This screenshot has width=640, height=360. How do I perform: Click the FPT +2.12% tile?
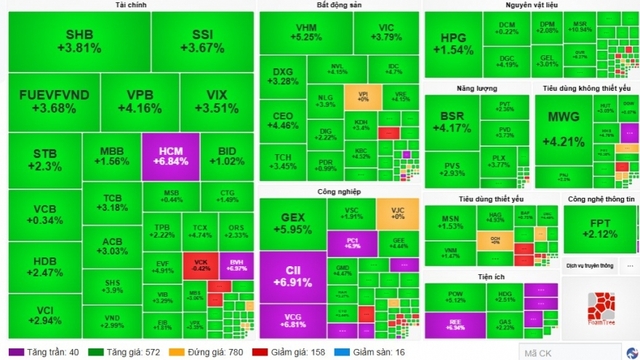[x=601, y=231]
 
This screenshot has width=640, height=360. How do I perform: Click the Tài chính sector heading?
[x=127, y=6]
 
